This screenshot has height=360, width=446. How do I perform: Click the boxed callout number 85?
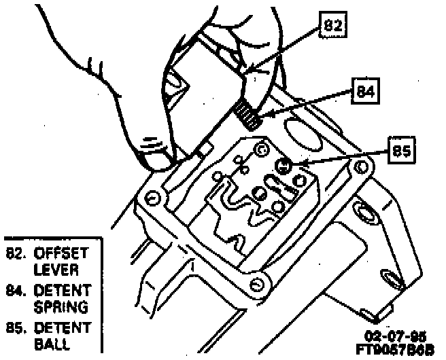(402, 151)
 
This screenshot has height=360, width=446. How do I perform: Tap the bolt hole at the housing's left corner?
(152, 197)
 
